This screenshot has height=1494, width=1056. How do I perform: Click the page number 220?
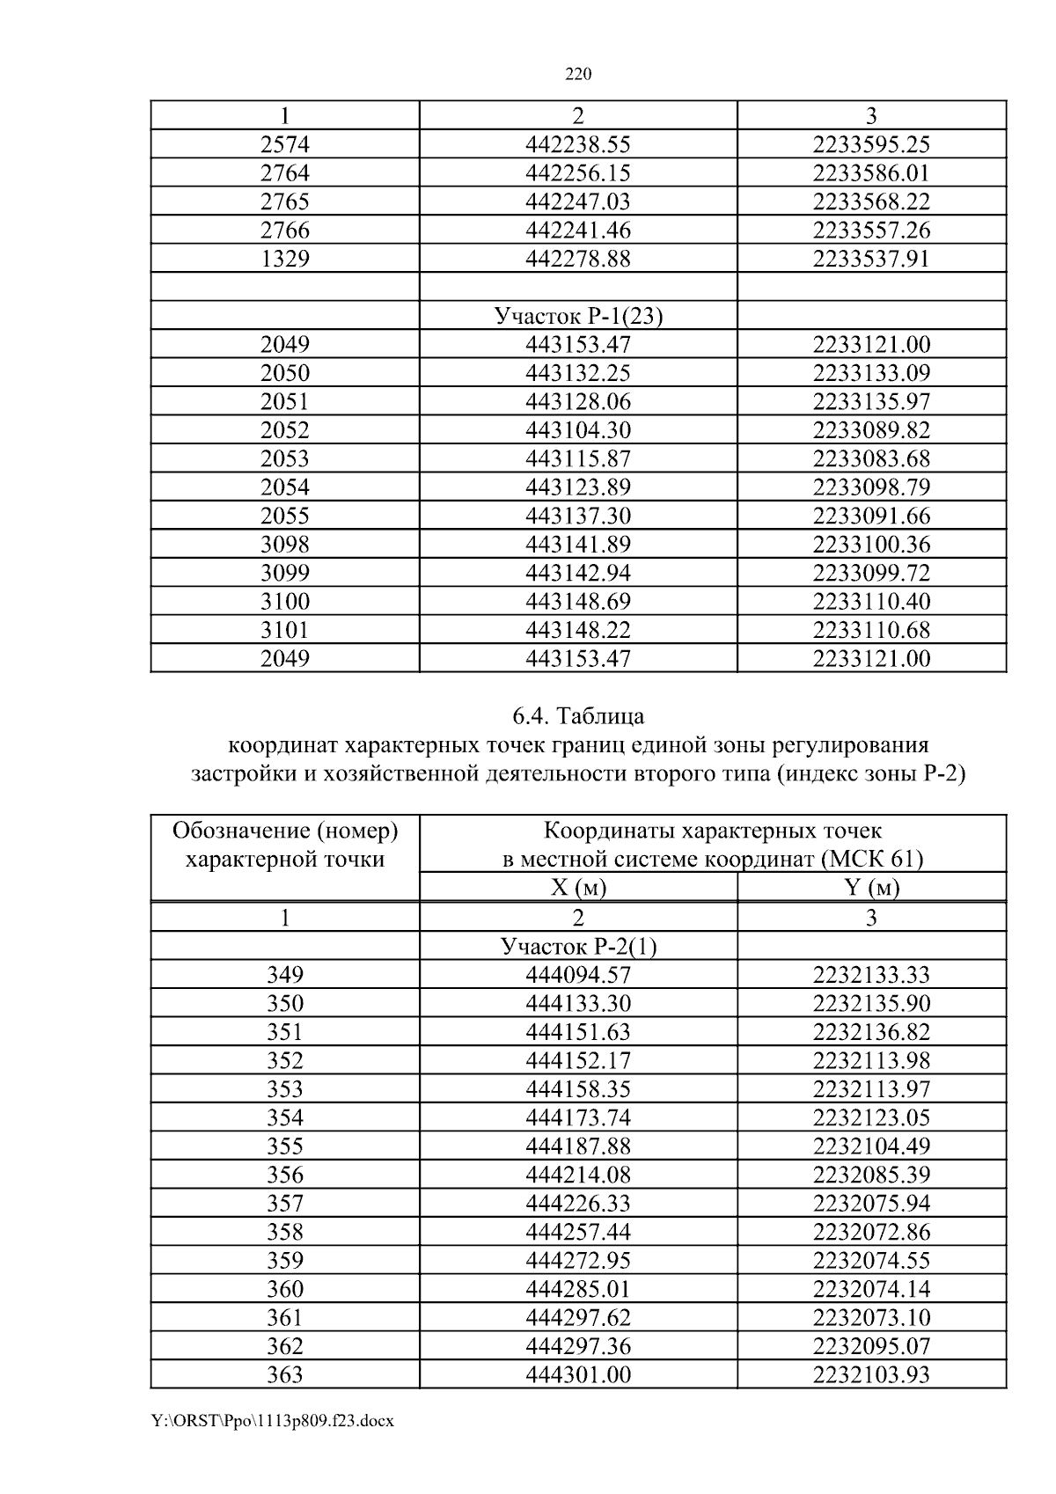pyautogui.click(x=577, y=75)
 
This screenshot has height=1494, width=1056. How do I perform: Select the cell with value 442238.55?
pyautogui.click(x=578, y=144)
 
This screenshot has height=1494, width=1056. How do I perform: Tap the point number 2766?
pyautogui.click(x=285, y=231)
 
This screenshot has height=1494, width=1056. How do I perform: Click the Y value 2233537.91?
pyautogui.click(x=871, y=259)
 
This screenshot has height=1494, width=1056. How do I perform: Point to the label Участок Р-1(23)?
pyautogui.click(x=578, y=316)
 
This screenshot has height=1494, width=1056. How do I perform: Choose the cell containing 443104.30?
pyautogui.click(x=578, y=430)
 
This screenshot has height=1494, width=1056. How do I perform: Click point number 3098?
pyautogui.click(x=285, y=545)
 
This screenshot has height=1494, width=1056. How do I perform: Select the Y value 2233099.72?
pyautogui.click(x=871, y=573)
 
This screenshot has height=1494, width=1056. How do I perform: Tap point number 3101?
pyautogui.click(x=285, y=630)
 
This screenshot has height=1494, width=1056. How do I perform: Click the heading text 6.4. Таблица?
pyautogui.click(x=578, y=716)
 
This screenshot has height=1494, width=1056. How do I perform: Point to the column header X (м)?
pyautogui.click(x=578, y=888)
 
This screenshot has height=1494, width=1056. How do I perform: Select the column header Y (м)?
pyautogui.click(x=871, y=888)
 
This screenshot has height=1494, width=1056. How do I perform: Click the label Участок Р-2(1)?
pyautogui.click(x=578, y=947)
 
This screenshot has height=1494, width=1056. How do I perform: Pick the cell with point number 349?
pyautogui.click(x=285, y=975)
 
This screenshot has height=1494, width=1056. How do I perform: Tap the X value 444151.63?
pyautogui.click(x=578, y=1032)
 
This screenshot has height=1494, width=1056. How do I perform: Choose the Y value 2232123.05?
pyautogui.click(x=871, y=1117)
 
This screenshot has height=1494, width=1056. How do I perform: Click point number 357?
pyautogui.click(x=285, y=1204)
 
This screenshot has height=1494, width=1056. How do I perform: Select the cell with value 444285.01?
pyautogui.click(x=578, y=1289)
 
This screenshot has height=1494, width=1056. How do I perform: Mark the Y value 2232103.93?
pyautogui.click(x=871, y=1374)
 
